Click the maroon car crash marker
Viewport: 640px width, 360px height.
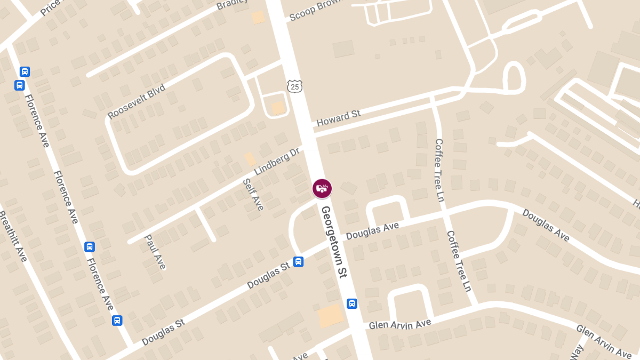point(322,188)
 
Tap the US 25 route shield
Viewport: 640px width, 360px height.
point(294,86)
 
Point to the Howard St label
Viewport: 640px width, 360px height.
point(339,118)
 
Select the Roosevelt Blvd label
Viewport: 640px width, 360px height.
point(136,101)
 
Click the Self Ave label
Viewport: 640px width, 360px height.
point(253,194)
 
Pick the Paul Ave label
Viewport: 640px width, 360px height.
point(155,252)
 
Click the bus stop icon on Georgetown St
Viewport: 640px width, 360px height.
point(352,303)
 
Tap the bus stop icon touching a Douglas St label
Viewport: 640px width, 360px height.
point(299,262)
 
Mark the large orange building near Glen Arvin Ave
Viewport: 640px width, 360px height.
point(331,316)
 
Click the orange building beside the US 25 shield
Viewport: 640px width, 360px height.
point(278,108)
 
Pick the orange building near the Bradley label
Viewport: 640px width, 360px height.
point(258,17)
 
